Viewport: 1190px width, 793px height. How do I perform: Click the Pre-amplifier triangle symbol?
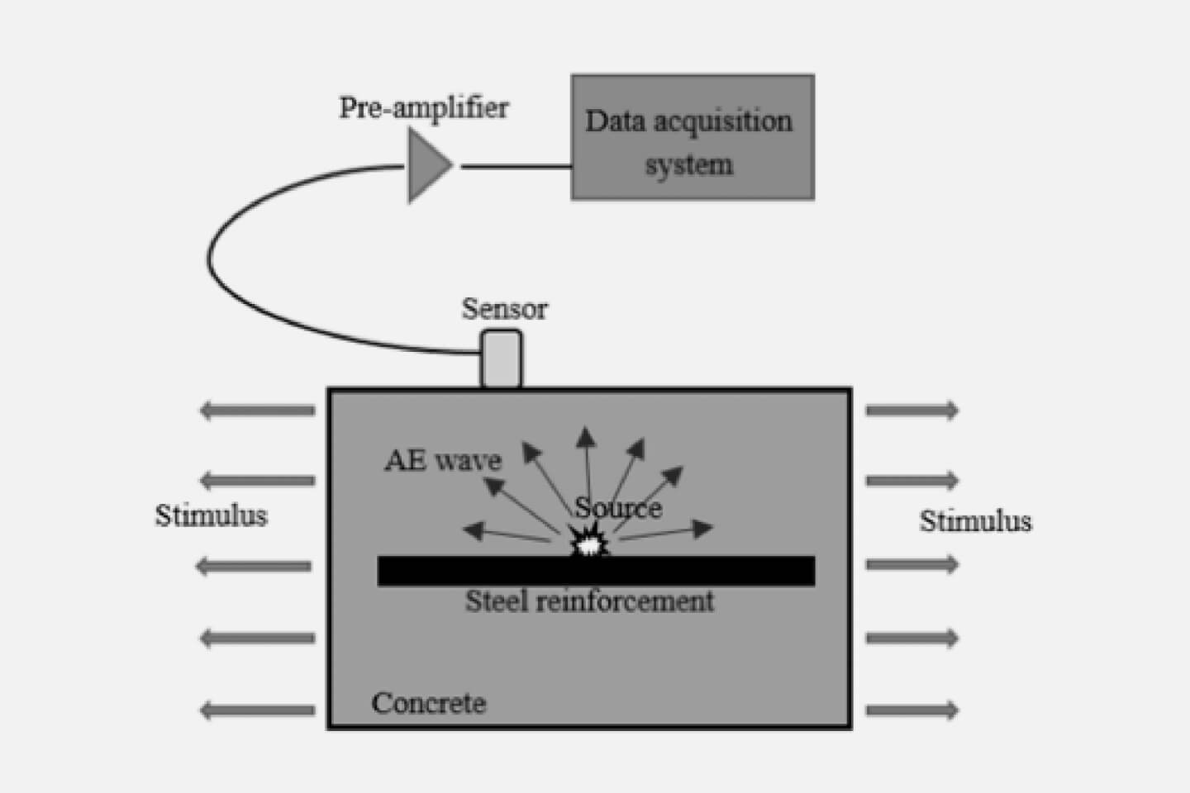click(427, 165)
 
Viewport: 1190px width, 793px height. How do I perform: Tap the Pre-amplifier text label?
click(423, 108)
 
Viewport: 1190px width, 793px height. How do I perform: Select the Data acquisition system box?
click(693, 137)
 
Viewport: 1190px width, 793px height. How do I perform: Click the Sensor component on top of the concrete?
click(502, 359)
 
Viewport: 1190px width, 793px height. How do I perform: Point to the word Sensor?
click(504, 309)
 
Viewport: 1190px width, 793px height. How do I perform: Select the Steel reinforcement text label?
click(589, 601)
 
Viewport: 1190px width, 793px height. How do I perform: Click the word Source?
click(618, 507)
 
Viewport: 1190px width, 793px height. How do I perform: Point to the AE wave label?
click(443, 460)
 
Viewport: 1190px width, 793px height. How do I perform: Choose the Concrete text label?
click(428, 703)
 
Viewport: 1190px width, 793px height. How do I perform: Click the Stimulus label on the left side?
click(212, 515)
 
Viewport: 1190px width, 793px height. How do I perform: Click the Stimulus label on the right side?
click(975, 521)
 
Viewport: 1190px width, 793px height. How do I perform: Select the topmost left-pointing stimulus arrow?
click(257, 410)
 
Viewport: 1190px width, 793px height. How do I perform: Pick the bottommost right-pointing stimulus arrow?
click(912, 710)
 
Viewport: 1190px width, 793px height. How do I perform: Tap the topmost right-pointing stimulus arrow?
click(912, 410)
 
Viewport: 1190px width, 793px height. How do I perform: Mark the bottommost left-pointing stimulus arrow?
click(257, 710)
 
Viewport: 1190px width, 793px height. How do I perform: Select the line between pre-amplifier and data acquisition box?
click(516, 166)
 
